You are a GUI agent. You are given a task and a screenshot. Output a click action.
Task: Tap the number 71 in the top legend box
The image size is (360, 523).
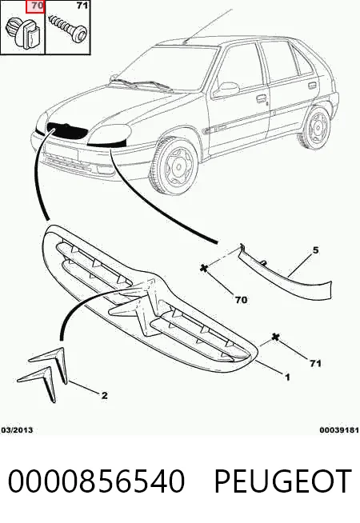[x=82, y=6]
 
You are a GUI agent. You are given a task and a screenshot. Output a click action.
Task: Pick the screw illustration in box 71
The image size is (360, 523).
[x=68, y=29]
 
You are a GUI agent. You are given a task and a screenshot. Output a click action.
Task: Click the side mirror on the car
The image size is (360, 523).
[x=226, y=90]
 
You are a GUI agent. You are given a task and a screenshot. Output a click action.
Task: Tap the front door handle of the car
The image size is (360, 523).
[x=262, y=98]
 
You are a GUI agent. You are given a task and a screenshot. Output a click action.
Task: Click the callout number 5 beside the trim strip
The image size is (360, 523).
[x=315, y=250]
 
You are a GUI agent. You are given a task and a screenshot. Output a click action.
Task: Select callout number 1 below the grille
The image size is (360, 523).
[x=287, y=377]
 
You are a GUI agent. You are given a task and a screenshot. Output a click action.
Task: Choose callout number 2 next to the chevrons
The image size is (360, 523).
[x=105, y=396]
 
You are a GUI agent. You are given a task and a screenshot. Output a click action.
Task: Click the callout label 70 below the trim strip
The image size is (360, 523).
[x=241, y=300]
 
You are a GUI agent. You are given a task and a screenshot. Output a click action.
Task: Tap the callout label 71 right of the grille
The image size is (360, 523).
[x=315, y=363]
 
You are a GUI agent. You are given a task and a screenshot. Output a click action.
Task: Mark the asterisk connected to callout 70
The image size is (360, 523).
[x=204, y=268]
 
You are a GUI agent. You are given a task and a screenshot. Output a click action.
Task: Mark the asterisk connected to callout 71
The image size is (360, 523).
[x=275, y=337]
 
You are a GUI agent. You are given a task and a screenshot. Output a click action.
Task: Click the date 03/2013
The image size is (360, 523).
[x=18, y=430]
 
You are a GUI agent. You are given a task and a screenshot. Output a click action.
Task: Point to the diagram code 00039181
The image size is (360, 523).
[x=339, y=430]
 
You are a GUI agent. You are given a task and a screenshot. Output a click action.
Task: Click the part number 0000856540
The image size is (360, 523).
[x=96, y=481]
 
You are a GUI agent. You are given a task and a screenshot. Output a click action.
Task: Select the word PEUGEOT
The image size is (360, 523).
[x=282, y=481]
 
